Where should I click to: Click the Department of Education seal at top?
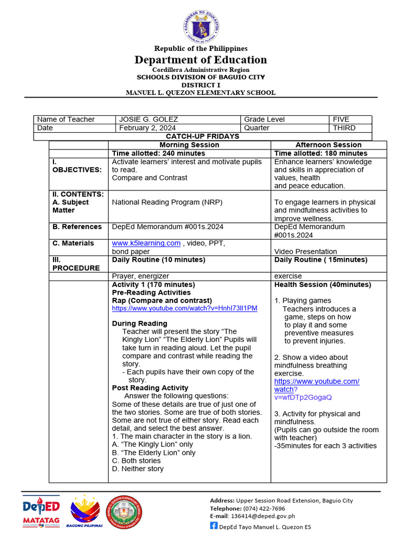(x=201, y=26)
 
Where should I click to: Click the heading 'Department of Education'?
(x=201, y=60)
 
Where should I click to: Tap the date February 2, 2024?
(x=147, y=128)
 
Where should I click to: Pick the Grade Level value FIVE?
(x=341, y=120)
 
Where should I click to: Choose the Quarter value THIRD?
(x=344, y=128)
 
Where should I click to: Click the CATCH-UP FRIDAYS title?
(x=203, y=136)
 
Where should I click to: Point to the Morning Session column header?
(x=189, y=145)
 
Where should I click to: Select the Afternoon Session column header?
(x=328, y=145)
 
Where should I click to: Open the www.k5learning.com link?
(x=146, y=243)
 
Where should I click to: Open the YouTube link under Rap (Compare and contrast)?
(x=185, y=308)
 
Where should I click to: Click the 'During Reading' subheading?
(x=140, y=324)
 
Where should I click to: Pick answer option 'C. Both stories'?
(x=136, y=461)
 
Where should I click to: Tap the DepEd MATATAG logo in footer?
(x=41, y=511)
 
